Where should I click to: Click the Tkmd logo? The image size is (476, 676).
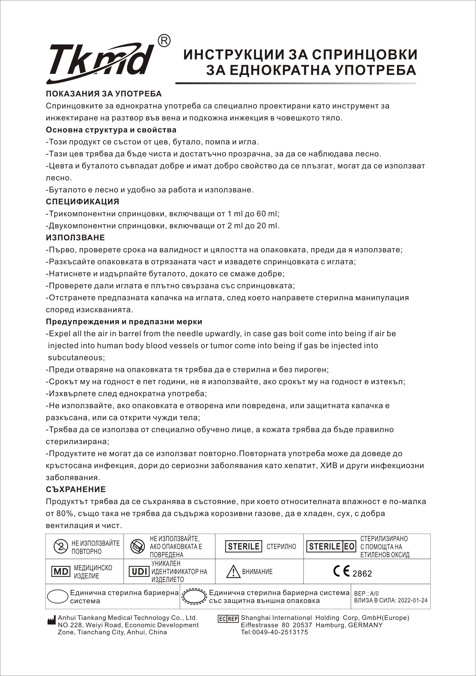pos(100,63)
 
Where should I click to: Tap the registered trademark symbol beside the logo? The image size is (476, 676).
pos(164,41)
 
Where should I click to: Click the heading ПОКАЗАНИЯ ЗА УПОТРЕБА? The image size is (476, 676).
pos(104,94)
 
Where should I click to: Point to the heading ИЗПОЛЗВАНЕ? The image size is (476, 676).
pos(75,238)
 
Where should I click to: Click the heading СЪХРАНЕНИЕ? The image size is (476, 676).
pos(76,489)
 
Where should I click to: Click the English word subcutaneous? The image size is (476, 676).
pos(76,358)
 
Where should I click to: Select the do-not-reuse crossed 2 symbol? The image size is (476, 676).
pos(61,547)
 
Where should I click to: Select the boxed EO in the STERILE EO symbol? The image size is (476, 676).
pos(349,547)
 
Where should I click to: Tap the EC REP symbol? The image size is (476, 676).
pos(228,619)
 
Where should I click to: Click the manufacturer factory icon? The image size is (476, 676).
pos(51,620)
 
